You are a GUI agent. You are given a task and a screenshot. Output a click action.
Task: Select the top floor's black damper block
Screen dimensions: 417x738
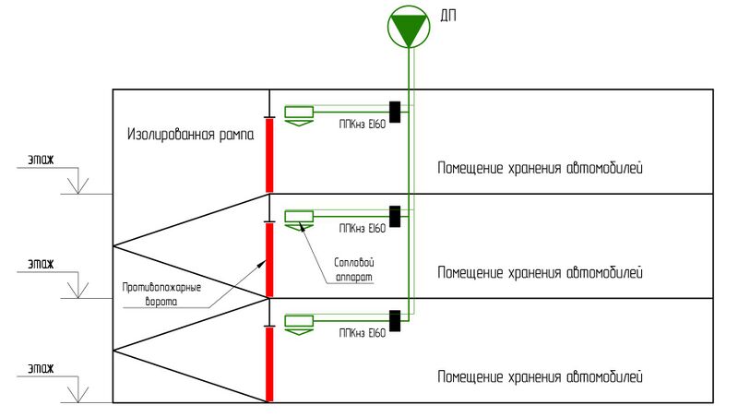click(396, 112)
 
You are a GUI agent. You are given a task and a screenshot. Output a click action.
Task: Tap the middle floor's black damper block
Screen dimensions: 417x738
click(396, 216)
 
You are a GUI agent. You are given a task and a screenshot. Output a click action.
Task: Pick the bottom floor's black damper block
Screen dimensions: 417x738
click(396, 320)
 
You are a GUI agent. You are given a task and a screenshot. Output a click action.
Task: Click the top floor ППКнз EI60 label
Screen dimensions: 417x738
click(362, 124)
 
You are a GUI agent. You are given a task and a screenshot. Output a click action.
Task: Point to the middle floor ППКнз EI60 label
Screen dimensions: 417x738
click(362, 228)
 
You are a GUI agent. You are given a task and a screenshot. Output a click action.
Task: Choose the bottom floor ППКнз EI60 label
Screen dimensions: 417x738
click(362, 332)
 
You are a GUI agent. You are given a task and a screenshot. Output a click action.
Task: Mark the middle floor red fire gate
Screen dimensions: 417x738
click(269, 259)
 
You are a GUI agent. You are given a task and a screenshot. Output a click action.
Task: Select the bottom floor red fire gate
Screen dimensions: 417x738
click(269, 364)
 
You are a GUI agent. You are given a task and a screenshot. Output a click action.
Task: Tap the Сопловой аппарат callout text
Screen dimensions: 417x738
click(354, 268)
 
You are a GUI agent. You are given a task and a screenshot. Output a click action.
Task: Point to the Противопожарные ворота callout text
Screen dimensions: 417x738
click(162, 293)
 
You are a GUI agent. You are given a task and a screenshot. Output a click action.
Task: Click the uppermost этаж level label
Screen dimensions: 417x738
click(40, 159)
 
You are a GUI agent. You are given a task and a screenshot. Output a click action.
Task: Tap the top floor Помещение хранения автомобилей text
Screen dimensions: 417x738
click(539, 169)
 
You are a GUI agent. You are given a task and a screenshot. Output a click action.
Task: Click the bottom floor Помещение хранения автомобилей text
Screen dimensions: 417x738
click(539, 377)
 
